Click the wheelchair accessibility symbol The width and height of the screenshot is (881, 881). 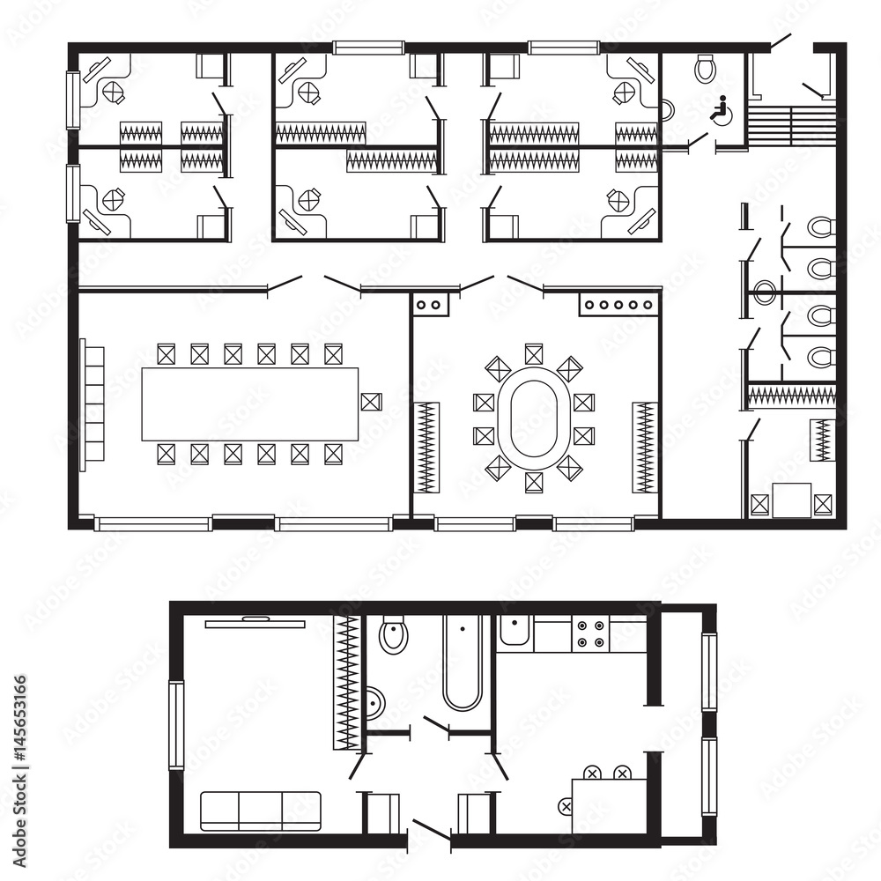tap(719, 110)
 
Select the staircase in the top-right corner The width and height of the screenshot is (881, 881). tap(791, 125)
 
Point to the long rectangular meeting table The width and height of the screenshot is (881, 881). tap(250, 404)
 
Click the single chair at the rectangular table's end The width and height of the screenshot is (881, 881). tap(370, 403)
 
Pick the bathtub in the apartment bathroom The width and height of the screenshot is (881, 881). tap(462, 663)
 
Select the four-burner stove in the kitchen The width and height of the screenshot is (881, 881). tap(590, 633)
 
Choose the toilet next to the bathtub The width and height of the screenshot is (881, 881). tap(394, 634)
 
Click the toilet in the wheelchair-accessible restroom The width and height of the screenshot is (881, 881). tap(705, 68)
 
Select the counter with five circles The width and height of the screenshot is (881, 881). tap(618, 305)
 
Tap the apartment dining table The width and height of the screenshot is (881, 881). tap(609, 804)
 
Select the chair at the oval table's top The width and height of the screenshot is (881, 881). tap(533, 354)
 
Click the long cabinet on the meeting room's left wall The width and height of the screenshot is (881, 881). tap(93, 404)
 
